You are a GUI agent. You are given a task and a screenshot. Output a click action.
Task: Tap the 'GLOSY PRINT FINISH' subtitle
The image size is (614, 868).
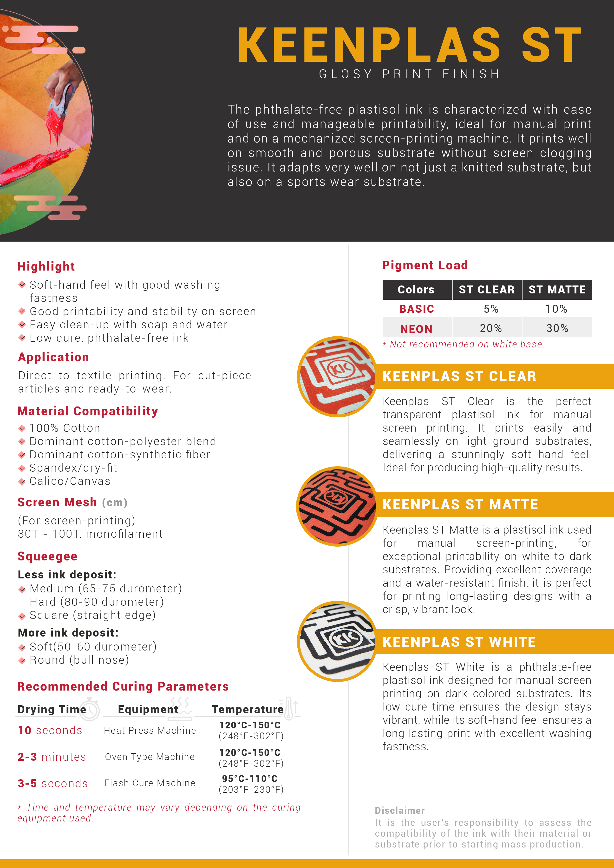tap(410, 74)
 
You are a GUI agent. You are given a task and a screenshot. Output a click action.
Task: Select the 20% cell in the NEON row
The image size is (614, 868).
tap(490, 328)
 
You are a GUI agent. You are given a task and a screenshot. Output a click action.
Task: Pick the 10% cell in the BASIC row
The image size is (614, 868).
tap(556, 309)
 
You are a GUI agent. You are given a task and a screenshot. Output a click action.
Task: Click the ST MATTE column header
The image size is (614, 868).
tap(557, 290)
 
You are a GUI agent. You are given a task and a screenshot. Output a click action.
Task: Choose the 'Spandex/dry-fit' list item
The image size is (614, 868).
tap(73, 468)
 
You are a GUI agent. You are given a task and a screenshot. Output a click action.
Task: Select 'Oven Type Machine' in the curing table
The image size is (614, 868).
tap(150, 757)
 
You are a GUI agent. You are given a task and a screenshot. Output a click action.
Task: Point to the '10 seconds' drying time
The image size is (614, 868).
tap(50, 730)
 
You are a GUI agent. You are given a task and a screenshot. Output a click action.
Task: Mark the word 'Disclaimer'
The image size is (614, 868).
tap(400, 810)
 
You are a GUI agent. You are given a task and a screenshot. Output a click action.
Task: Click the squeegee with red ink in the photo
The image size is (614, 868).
tap(60, 102)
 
